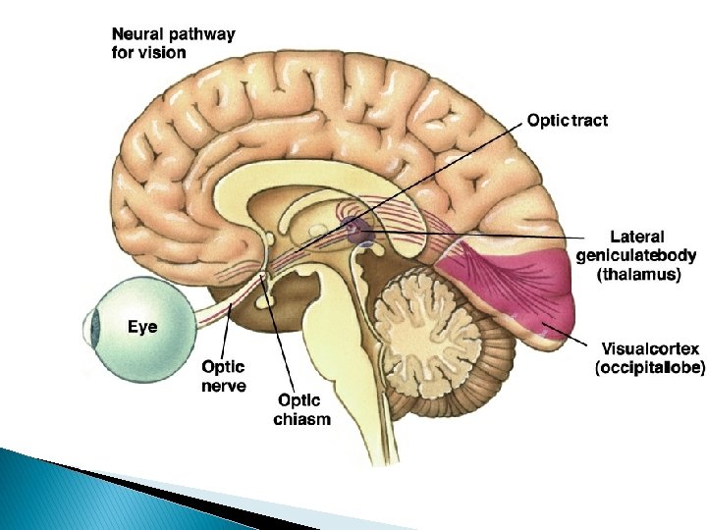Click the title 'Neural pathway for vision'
click(173, 43)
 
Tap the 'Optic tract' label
click(567, 121)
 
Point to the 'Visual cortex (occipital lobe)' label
click(649, 358)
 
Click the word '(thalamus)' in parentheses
click(639, 276)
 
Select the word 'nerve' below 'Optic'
click(224, 386)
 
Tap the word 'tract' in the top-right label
click(588, 121)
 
